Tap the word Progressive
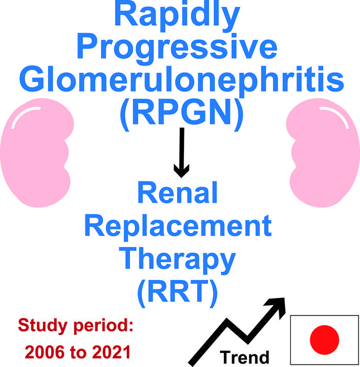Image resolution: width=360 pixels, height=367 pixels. point(180,48)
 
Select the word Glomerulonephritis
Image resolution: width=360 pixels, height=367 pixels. point(180,81)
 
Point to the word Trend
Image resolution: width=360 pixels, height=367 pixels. point(244,357)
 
